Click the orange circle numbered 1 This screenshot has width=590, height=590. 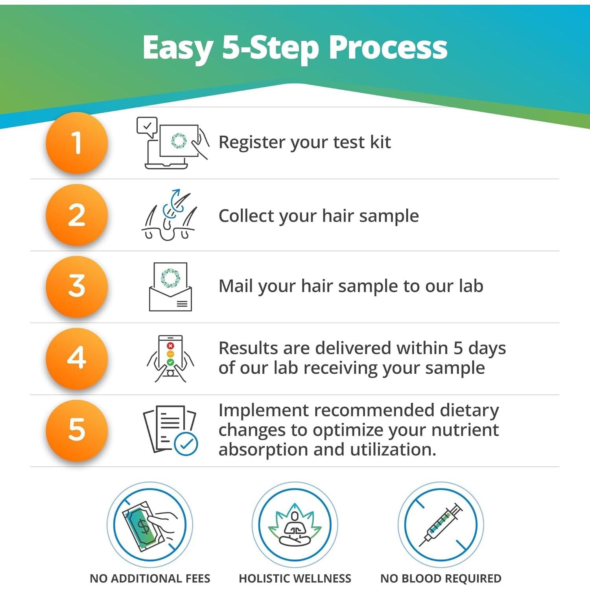[77, 142]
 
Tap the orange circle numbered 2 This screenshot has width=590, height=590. [77, 215]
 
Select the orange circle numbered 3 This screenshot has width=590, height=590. [77, 286]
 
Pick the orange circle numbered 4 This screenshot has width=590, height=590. [77, 358]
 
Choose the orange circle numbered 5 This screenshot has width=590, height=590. [77, 430]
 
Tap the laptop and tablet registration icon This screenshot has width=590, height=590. [172, 143]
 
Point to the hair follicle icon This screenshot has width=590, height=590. [169, 215]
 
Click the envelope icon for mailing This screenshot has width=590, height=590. [170, 287]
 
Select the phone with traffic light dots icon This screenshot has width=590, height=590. [170, 359]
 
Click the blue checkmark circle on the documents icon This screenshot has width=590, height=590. [186, 444]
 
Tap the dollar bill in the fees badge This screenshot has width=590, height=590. [142, 525]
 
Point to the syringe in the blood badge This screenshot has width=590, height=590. [441, 524]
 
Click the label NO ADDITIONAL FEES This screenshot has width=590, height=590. [150, 578]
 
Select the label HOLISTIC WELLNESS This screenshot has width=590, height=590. [295, 578]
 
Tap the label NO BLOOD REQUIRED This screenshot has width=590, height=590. [441, 578]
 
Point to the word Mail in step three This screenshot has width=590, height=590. [236, 286]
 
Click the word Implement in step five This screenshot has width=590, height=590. [264, 411]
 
